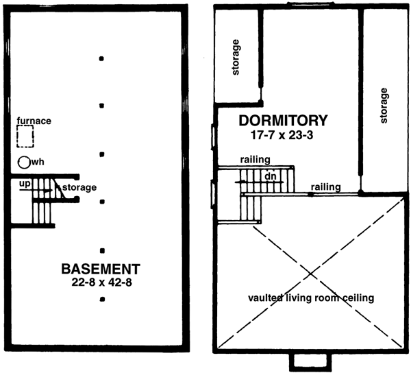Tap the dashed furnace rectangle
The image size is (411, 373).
(26, 137)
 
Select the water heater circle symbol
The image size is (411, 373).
(24, 163)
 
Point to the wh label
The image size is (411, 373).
(38, 163)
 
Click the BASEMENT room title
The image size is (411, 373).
(101, 267)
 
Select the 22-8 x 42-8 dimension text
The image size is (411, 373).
(101, 280)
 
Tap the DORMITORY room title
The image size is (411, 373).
(283, 121)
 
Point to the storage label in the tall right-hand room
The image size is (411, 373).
(384, 105)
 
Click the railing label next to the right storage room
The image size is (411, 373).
(325, 186)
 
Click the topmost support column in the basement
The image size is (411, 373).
(101, 58)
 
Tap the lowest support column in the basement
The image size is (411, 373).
(101, 299)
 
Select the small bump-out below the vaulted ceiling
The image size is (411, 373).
(310, 361)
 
